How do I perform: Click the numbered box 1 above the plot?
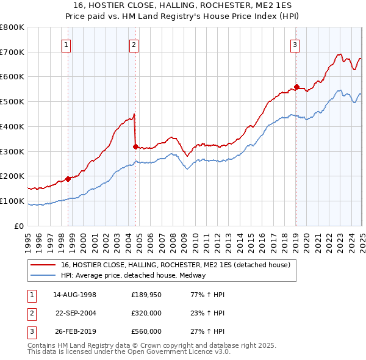65,44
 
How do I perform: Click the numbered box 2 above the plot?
133,44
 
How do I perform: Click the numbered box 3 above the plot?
295,44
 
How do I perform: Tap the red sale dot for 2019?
296,87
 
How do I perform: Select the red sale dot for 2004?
135,146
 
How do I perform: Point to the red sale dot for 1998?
68,178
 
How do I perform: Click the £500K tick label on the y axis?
12,101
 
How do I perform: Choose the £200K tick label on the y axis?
12,176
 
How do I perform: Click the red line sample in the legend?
43,265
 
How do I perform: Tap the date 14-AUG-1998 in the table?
74,295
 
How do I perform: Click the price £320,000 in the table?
146,313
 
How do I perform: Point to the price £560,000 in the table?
146,331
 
